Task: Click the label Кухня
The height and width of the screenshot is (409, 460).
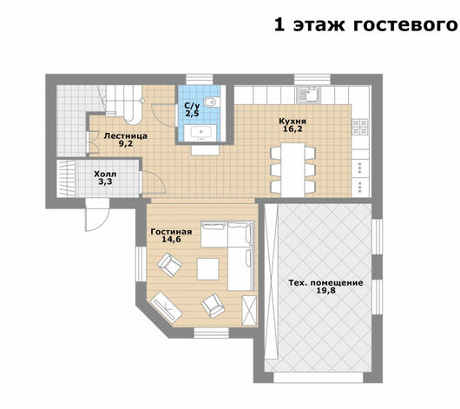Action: [292, 122]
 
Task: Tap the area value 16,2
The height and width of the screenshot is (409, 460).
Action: [292, 129]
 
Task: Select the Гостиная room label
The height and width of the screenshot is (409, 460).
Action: [171, 232]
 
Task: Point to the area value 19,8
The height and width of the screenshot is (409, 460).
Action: [326, 291]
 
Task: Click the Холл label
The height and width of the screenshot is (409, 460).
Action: [105, 175]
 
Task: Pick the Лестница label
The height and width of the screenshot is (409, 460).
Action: [126, 136]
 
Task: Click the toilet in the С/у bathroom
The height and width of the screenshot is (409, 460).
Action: [212, 102]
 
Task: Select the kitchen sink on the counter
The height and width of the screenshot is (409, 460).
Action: [307, 95]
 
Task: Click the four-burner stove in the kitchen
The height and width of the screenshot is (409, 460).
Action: [360, 127]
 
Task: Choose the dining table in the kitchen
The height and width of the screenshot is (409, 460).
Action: [292, 169]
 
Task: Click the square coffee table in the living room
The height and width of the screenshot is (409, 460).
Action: [208, 269]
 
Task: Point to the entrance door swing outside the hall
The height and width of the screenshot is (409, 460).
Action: [98, 214]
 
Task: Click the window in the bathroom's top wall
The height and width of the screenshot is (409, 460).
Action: [200, 79]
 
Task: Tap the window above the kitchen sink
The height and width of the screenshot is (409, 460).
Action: [312, 79]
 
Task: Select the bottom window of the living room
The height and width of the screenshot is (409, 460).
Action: [211, 333]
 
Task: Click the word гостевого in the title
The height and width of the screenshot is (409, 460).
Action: [405, 25]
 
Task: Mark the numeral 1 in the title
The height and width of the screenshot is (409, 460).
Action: [279, 24]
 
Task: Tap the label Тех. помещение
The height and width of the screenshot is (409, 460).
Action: [326, 283]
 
